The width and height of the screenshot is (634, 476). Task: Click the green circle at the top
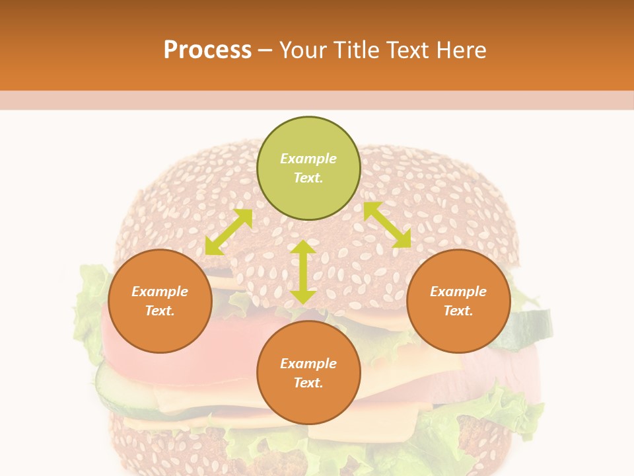(308, 169)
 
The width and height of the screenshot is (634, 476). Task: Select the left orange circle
(160, 301)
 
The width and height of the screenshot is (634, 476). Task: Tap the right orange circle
(458, 301)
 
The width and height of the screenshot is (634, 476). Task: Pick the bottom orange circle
(308, 373)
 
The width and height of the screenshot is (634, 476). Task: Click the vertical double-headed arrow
(303, 272)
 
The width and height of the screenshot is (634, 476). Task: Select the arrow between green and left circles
(229, 231)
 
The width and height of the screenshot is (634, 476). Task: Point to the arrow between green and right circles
(387, 225)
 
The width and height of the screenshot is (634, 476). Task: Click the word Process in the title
(207, 50)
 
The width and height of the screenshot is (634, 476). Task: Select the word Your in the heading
(303, 50)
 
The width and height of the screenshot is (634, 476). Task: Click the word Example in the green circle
(308, 159)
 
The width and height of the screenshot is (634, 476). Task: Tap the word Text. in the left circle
(160, 311)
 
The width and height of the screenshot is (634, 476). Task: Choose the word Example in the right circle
(458, 292)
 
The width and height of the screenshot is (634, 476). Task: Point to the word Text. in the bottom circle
(308, 383)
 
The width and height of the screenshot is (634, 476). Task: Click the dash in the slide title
(265, 50)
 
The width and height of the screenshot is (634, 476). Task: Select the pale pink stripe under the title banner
(317, 100)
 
